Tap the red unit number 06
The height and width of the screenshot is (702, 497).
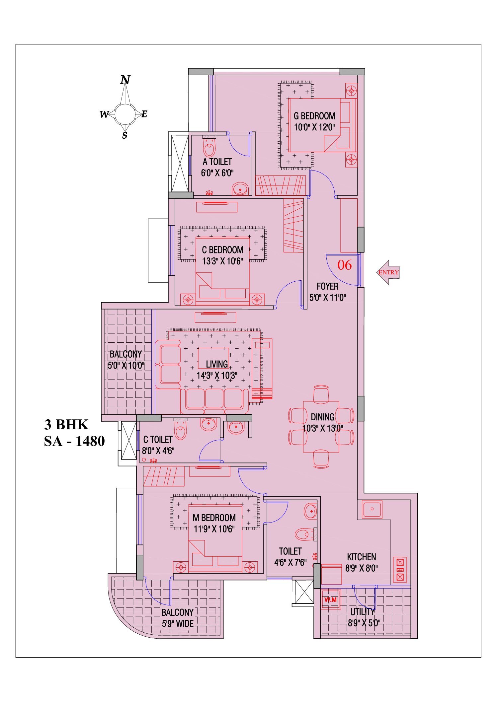point(344,265)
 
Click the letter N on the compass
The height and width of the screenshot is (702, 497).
point(125,80)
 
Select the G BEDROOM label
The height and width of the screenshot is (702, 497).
point(314,116)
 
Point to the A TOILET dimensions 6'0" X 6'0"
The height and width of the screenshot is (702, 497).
point(217,173)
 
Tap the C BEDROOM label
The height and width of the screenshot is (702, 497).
point(222,250)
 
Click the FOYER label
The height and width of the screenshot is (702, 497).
point(327,286)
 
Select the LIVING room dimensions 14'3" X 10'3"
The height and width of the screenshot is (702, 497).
point(217,376)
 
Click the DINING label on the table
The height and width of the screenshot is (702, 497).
point(322,417)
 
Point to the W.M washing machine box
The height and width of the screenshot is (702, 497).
point(330,600)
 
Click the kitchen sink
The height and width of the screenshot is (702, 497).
point(372,509)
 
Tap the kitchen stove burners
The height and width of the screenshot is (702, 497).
point(400,570)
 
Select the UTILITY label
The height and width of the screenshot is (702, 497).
point(363,611)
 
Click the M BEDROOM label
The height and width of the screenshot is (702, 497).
point(214,518)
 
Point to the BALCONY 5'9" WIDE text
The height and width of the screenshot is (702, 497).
point(178,618)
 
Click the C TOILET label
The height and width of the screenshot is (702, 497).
point(158,440)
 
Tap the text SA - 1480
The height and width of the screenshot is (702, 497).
point(74,441)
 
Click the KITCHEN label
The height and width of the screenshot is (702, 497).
point(362,557)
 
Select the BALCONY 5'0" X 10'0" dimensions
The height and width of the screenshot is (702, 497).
point(126,366)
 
